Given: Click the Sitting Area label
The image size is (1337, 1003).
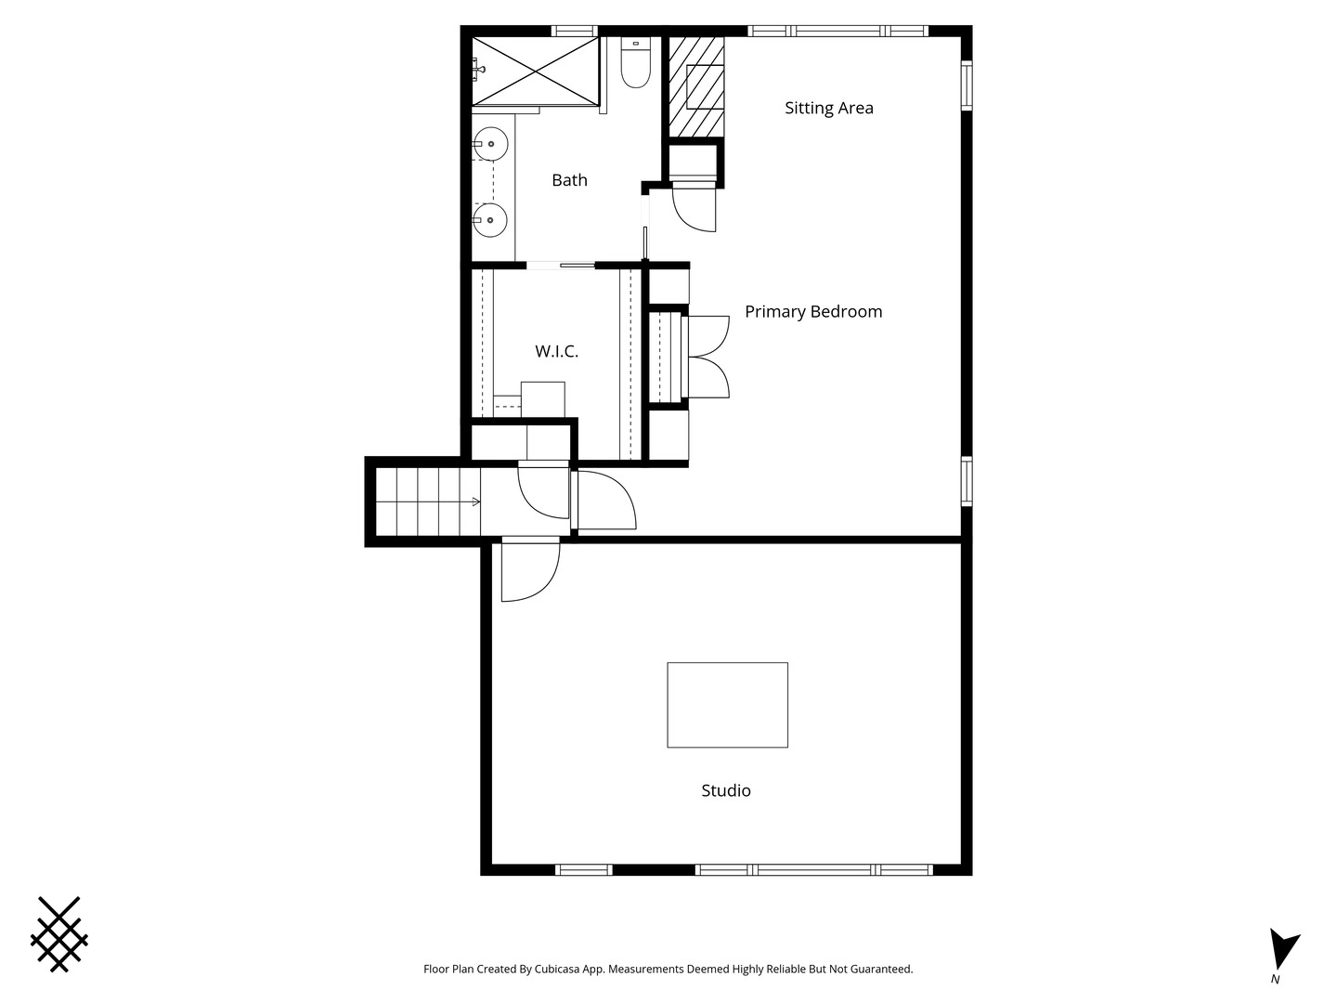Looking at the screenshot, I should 828,108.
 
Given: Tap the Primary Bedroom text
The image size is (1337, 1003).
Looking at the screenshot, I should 813,312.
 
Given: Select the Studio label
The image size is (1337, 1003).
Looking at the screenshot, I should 725,791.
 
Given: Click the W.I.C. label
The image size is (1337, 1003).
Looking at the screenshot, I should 556,351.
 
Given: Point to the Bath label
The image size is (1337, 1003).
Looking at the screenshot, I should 569,180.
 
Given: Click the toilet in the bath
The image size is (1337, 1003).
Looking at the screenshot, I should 635,63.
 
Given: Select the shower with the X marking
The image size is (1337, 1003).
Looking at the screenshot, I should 535,71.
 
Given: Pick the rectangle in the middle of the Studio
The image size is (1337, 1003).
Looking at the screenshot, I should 727,705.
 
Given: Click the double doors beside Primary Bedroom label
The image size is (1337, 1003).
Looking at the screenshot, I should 707,358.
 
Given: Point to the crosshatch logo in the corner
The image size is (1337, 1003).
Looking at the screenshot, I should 59,934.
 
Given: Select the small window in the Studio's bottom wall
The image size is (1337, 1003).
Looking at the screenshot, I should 583,870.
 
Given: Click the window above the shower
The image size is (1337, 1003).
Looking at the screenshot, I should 574,31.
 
